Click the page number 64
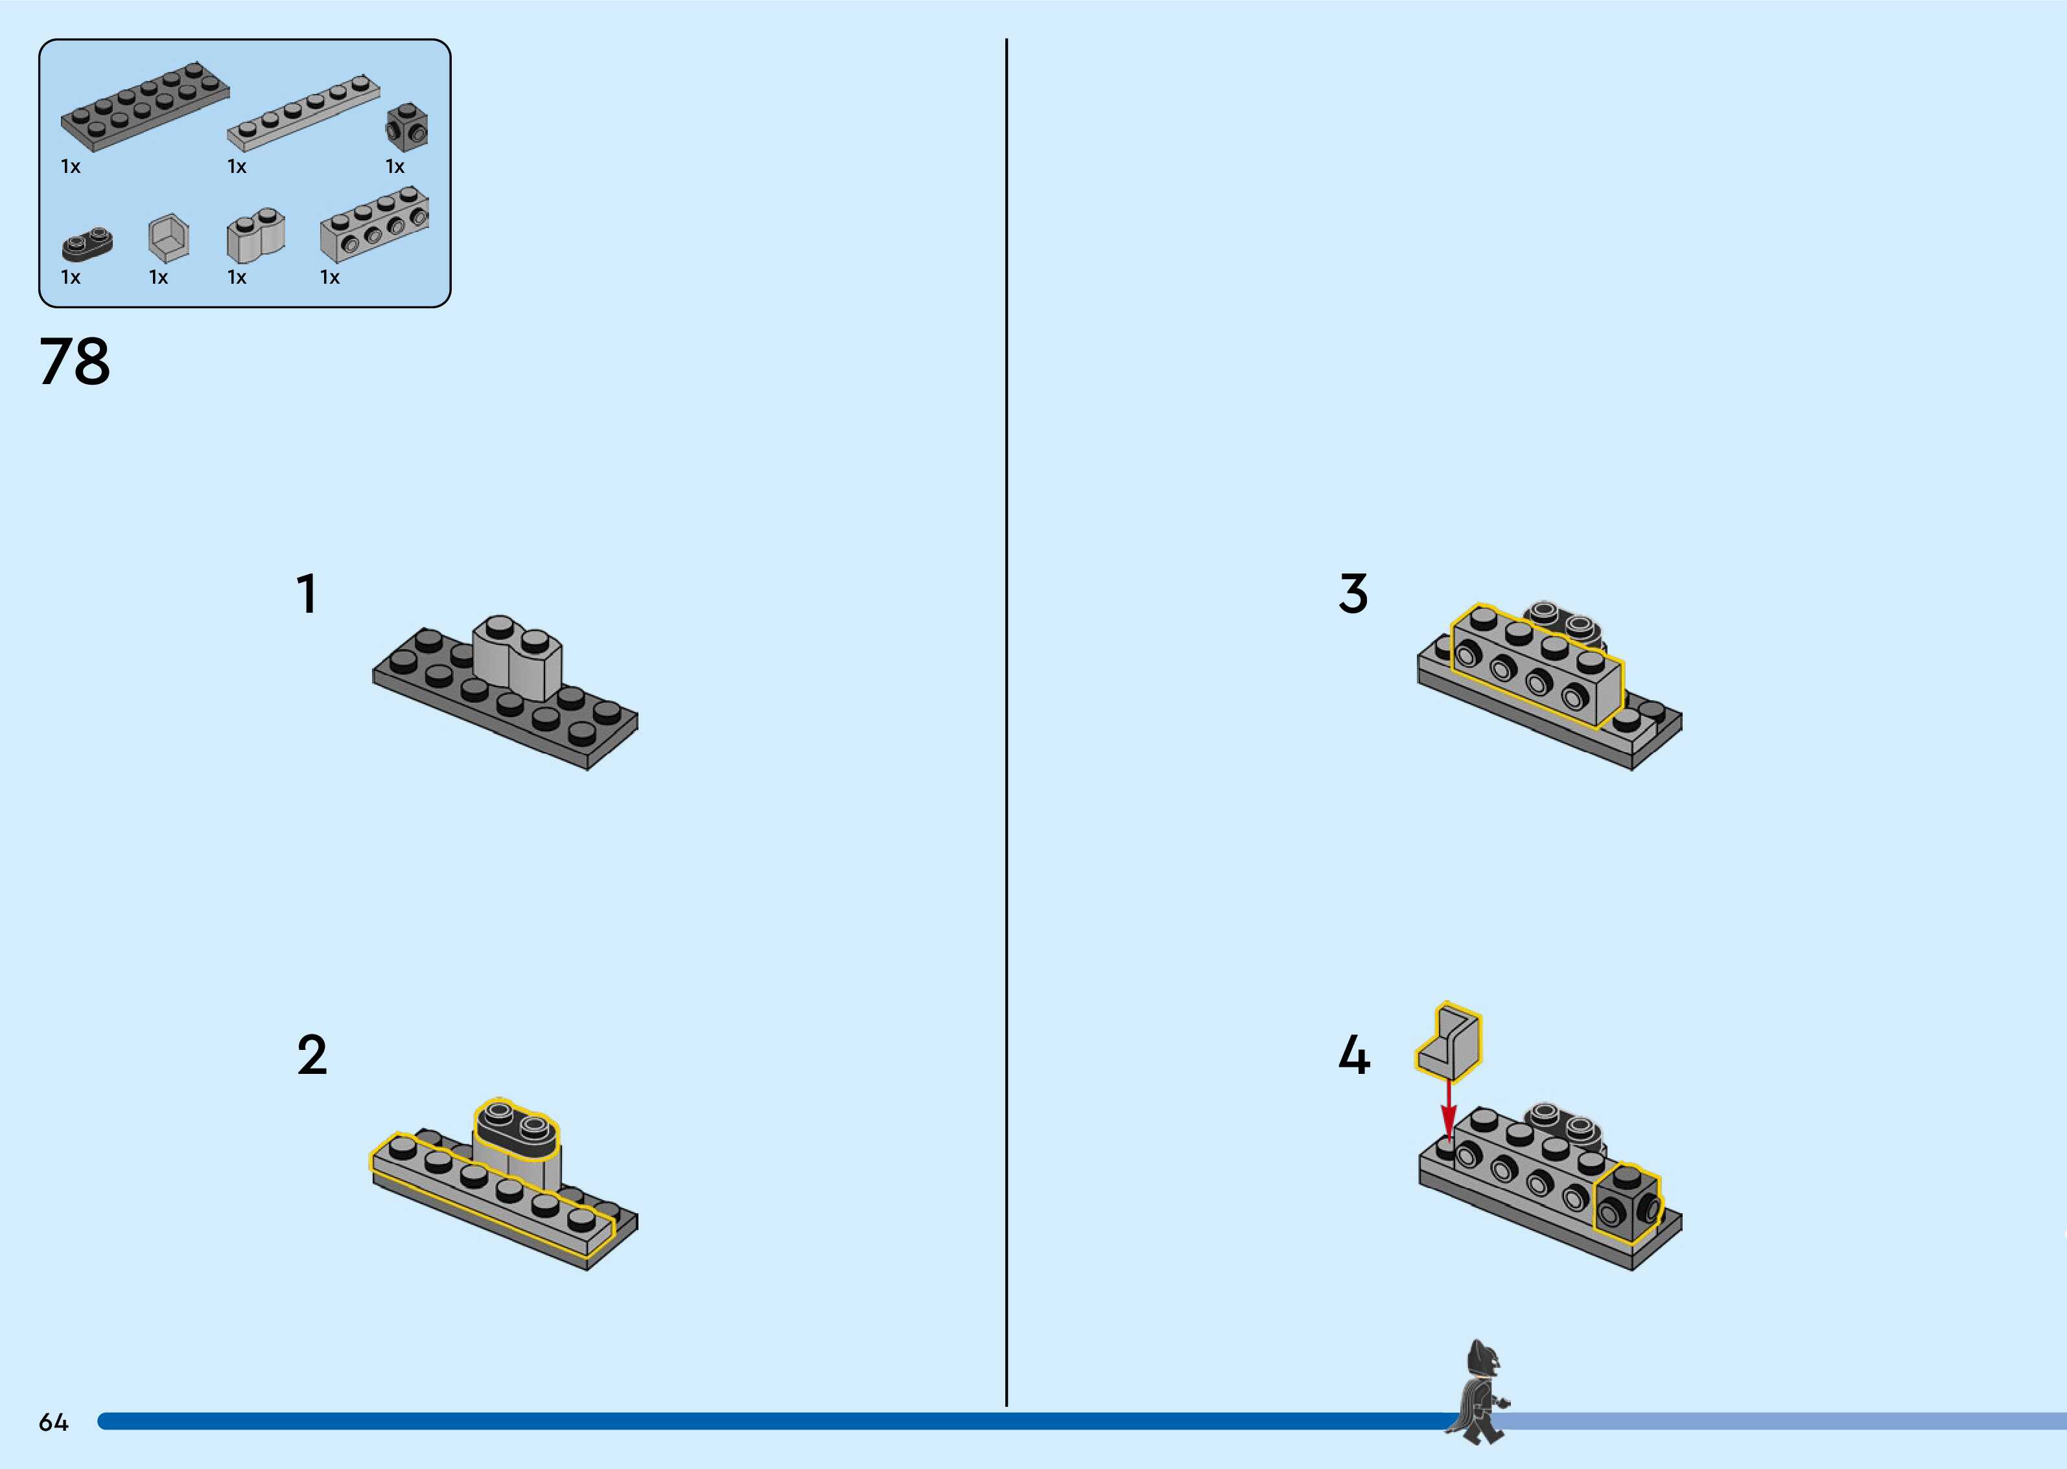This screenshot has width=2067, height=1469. point(53,1423)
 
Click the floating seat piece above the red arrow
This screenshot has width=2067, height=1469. point(1451,1043)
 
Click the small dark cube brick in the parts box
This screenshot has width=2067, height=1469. point(407,127)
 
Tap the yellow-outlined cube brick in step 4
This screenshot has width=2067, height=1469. point(1626,1203)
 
